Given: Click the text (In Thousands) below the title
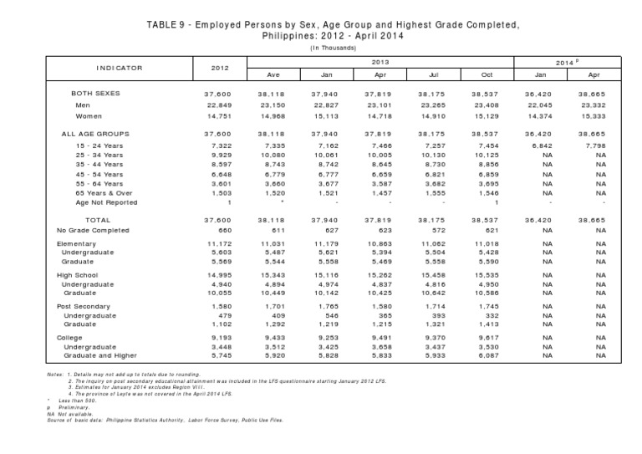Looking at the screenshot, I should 320,48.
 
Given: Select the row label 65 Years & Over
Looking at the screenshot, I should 106,192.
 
